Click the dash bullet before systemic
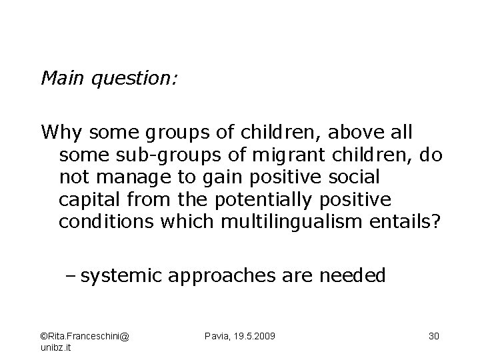pos(71,275)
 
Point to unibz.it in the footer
pos(57,347)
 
